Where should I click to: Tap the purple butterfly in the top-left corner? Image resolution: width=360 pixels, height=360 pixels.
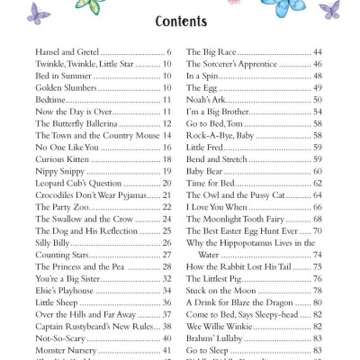pos(39,11)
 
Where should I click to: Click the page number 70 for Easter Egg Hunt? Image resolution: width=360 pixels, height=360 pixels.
pos(317,230)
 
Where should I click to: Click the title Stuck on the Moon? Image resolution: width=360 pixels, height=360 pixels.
pos(219,290)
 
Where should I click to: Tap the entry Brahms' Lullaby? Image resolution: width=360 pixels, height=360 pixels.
pos(213,336)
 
